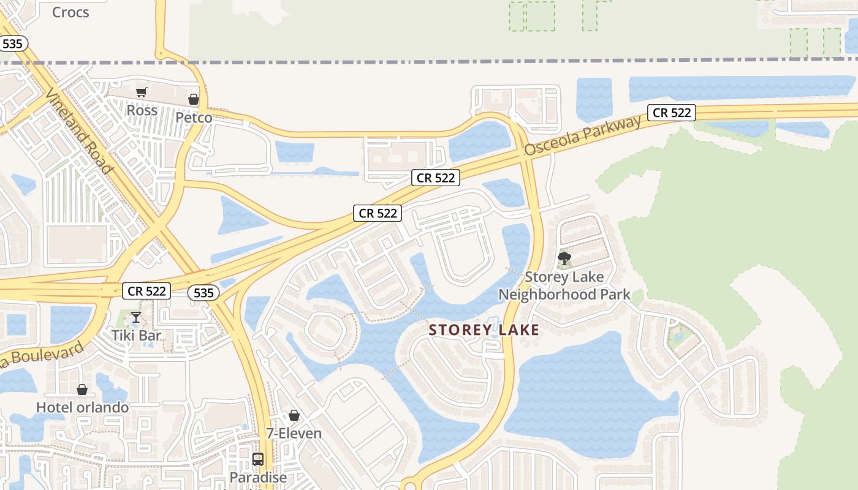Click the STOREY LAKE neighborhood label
click(484, 330)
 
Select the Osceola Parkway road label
click(582, 135)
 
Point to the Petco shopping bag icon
click(194, 99)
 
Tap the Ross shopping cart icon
click(142, 92)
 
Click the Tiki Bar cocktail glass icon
click(136, 317)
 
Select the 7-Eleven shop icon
click(294, 416)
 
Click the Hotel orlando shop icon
click(82, 390)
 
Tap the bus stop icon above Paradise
click(258, 459)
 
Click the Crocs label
click(70, 12)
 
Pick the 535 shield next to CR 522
click(203, 293)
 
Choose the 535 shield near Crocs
click(12, 43)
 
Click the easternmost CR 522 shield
click(672, 113)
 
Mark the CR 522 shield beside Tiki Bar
click(146, 291)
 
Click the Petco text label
click(194, 117)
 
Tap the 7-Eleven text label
click(294, 434)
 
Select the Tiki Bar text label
click(136, 335)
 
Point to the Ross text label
click(142, 110)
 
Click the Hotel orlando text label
click(82, 407)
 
